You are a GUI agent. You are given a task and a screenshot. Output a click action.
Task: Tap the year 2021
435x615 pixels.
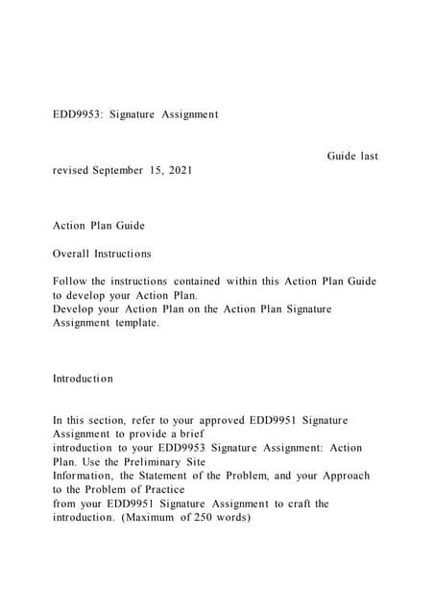tap(179, 170)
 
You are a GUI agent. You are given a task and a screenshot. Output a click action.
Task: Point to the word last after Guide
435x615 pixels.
tap(369, 156)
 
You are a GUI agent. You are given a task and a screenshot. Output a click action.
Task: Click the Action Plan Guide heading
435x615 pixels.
tap(99, 226)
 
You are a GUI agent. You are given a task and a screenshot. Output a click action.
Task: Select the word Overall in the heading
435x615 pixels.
tap(70, 254)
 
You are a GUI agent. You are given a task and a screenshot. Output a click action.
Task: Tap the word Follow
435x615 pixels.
tap(69, 282)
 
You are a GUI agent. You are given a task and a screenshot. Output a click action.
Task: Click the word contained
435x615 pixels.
tap(192, 282)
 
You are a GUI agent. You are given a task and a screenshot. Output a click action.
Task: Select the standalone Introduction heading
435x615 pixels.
tap(83, 379)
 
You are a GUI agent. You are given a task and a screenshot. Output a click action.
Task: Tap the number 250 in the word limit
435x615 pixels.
tap(192, 517)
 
